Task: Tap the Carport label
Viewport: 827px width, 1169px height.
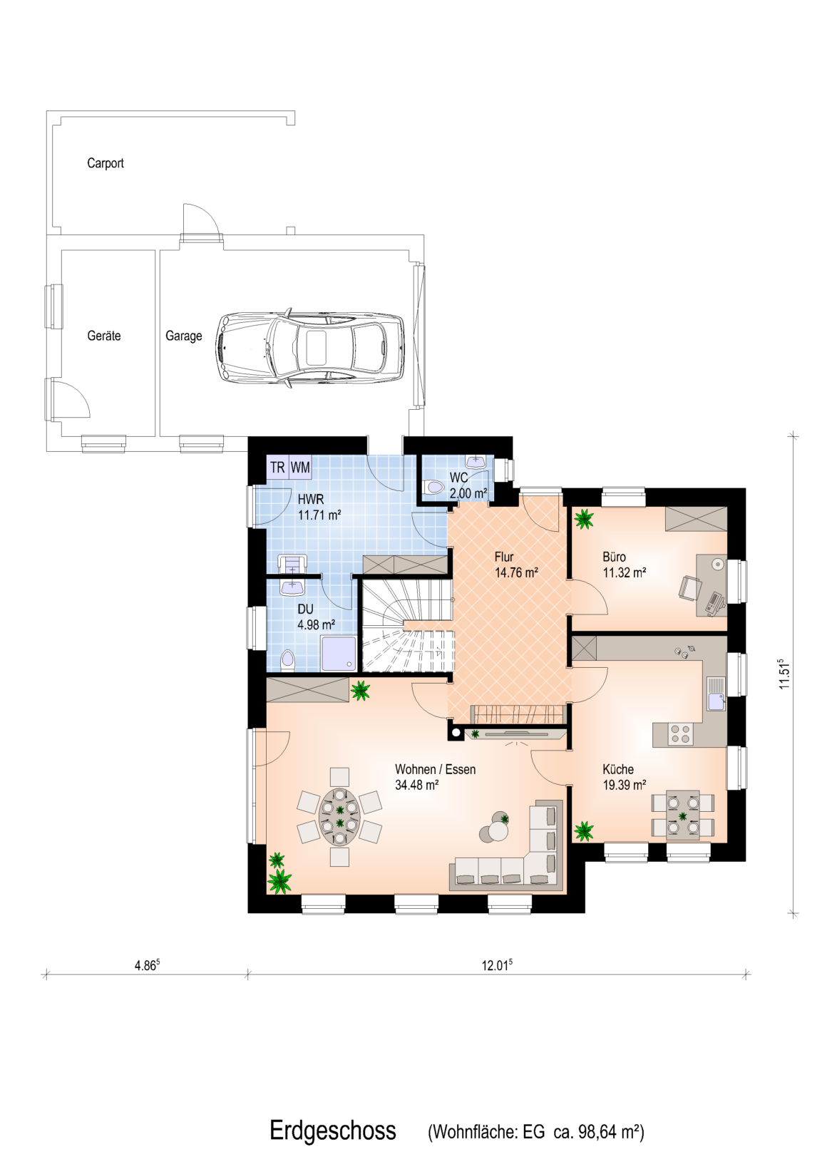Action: pos(106,163)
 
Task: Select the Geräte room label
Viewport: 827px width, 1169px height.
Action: pos(104,336)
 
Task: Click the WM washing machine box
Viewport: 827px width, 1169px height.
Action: pos(300,467)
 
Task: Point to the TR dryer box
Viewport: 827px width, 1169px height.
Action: pos(278,467)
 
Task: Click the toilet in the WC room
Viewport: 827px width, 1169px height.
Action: pos(433,488)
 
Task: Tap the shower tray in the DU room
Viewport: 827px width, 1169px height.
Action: pos(339,653)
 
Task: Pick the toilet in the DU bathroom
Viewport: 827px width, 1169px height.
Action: pos(288,661)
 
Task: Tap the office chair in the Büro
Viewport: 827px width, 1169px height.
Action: pos(689,588)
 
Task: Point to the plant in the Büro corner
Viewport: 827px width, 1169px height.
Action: pos(584,519)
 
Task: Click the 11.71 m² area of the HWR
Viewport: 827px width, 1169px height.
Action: pos(319,515)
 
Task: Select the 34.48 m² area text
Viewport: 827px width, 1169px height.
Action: pos(416,784)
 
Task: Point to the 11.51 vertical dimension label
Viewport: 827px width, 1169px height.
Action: pos(784,673)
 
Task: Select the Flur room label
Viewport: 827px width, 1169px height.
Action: pos(504,557)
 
